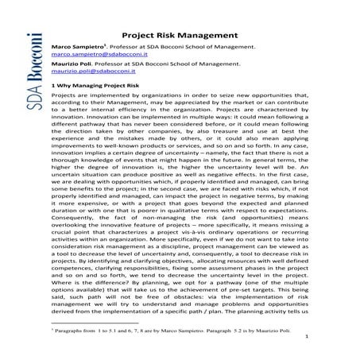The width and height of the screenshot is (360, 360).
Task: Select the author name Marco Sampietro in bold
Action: pyautogui.click(x=77, y=48)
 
